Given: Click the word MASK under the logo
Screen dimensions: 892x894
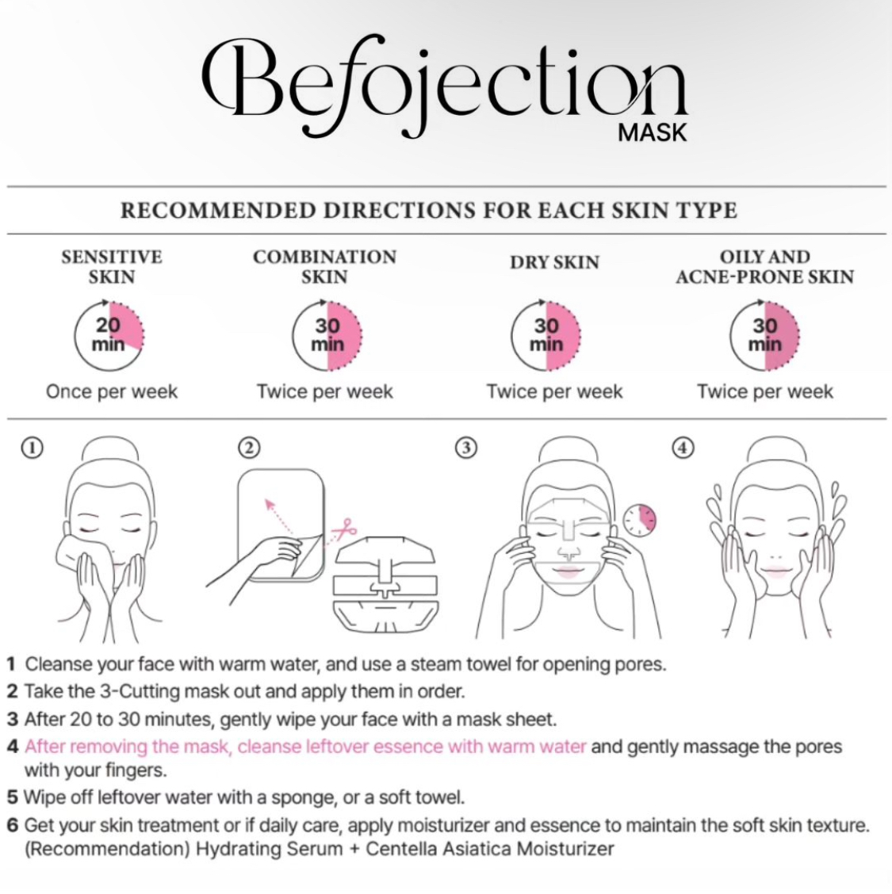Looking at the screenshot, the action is pos(653,132).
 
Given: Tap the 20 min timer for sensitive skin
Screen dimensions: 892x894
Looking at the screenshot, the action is pos(109,335).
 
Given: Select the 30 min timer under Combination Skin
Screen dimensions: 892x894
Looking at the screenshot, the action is pos(327,335).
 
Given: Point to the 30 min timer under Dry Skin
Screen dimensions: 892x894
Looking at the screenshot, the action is pos(546,335).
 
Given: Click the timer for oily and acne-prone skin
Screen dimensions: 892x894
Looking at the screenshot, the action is pos(765,335).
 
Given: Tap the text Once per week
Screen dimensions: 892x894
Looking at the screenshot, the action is pos(112,392).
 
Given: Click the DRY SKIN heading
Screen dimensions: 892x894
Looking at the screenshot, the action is pos(554,262).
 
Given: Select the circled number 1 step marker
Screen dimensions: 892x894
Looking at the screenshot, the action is pos(32,448).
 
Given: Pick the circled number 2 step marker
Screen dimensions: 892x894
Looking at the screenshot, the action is pos(249,448).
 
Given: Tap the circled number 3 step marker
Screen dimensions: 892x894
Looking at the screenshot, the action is pos(466,448).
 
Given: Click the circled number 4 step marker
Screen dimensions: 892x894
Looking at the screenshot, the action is pos(683,448).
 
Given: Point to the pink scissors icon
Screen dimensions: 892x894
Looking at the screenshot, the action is pos(344,529).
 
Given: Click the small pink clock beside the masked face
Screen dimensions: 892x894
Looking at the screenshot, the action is pos(639,520).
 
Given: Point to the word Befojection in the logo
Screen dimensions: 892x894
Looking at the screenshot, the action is pos(445,86).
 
